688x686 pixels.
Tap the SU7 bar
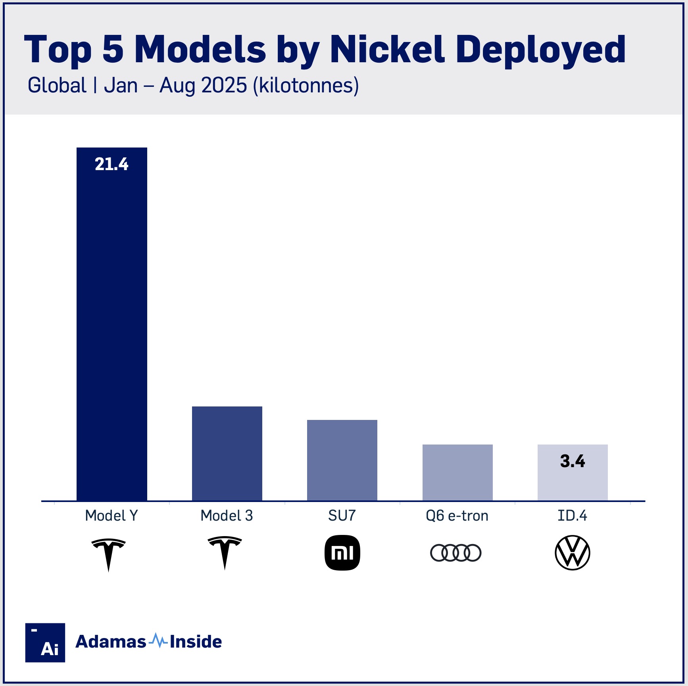tap(342, 460)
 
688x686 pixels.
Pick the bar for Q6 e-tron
tap(457, 472)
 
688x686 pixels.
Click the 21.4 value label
tap(111, 164)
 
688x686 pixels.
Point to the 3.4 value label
tap(572, 461)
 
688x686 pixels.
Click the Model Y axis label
tap(111, 515)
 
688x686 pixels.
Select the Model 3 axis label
tap(227, 515)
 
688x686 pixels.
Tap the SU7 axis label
tap(342, 515)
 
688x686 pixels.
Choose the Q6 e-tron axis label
tap(457, 515)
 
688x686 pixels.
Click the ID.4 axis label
tap(572, 515)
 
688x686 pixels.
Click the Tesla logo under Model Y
tap(108, 553)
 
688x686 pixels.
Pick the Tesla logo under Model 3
tap(225, 552)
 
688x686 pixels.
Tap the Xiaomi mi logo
tap(342, 553)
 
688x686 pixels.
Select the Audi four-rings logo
tap(456, 553)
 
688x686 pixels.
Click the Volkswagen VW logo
tap(572, 553)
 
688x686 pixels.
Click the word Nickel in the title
tap(387, 49)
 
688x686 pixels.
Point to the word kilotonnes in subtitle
tap(306, 86)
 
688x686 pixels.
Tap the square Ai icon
tap(45, 642)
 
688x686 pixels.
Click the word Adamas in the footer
tap(111, 642)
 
